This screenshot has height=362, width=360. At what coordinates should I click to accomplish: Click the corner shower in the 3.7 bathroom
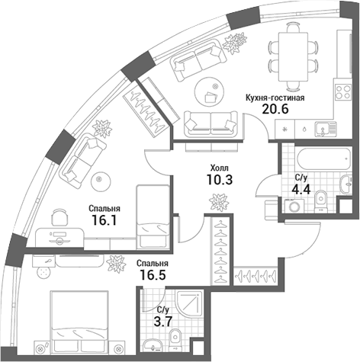tap(161, 303)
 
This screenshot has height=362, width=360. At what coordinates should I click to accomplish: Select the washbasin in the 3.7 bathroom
tap(149, 340)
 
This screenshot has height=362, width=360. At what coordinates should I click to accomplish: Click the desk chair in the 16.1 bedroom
tap(59, 219)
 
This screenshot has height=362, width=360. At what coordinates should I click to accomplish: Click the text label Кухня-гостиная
tap(275, 98)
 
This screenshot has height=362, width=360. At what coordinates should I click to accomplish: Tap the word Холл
tap(220, 166)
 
